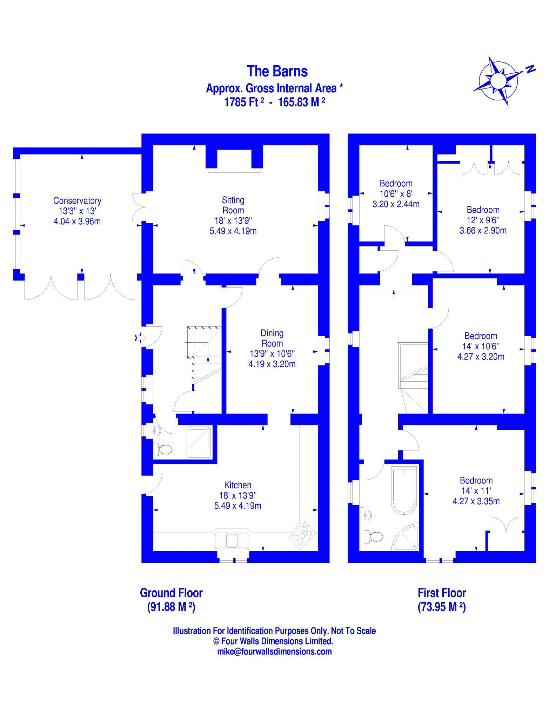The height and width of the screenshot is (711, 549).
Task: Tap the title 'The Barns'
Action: pos(277,71)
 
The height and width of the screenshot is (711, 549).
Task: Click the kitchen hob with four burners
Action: pos(302,535)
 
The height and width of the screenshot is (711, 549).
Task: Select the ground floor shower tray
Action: pos(199,442)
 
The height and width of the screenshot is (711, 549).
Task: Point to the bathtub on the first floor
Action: pos(404,490)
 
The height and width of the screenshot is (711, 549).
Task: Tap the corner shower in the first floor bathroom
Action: pos(407,538)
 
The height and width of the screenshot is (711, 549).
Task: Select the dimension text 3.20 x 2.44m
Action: pos(396,204)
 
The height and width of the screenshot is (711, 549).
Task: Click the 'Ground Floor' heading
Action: pos(171,593)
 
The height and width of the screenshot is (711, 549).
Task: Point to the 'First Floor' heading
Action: pos(442,593)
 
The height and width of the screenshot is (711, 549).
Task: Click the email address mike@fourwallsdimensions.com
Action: pos(274,652)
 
